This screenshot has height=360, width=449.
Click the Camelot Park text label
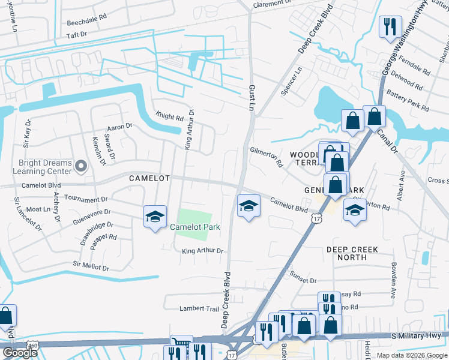[x=195, y=227]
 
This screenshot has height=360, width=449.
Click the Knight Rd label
[x=169, y=117]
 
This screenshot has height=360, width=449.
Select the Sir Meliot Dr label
[x=91, y=265]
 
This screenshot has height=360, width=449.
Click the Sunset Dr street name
[x=303, y=280]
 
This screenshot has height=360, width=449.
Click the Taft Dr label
[x=77, y=35]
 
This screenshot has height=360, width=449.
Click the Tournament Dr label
[x=86, y=199]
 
